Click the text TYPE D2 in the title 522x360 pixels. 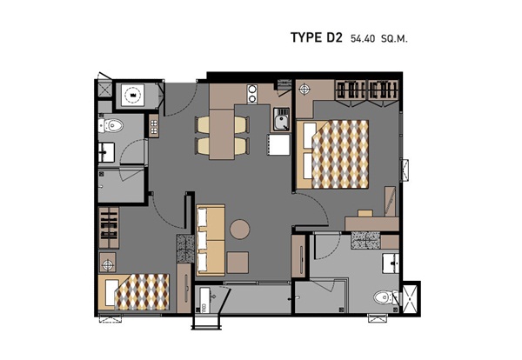click(317, 37)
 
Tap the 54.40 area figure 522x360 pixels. click(363, 38)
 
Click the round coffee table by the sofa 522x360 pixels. click(240, 230)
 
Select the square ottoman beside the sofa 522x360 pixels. click(238, 263)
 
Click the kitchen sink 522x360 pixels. click(281, 119)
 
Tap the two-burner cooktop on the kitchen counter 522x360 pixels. click(252, 94)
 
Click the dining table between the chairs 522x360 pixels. click(222, 134)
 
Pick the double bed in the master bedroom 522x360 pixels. click(332, 155)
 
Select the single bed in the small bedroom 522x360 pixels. click(134, 292)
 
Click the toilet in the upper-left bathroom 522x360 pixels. click(110, 126)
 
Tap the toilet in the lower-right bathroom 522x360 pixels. click(385, 297)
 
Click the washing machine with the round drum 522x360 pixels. click(132, 95)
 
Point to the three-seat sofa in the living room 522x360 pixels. click(211, 240)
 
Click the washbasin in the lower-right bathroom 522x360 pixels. click(391, 263)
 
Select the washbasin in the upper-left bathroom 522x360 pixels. click(106, 152)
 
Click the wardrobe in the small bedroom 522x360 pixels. click(109, 227)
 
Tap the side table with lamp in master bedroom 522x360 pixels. click(304, 90)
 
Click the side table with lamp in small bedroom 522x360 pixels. click(107, 264)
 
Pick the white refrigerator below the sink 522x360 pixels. click(279, 144)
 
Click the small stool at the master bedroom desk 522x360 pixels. click(365, 213)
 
